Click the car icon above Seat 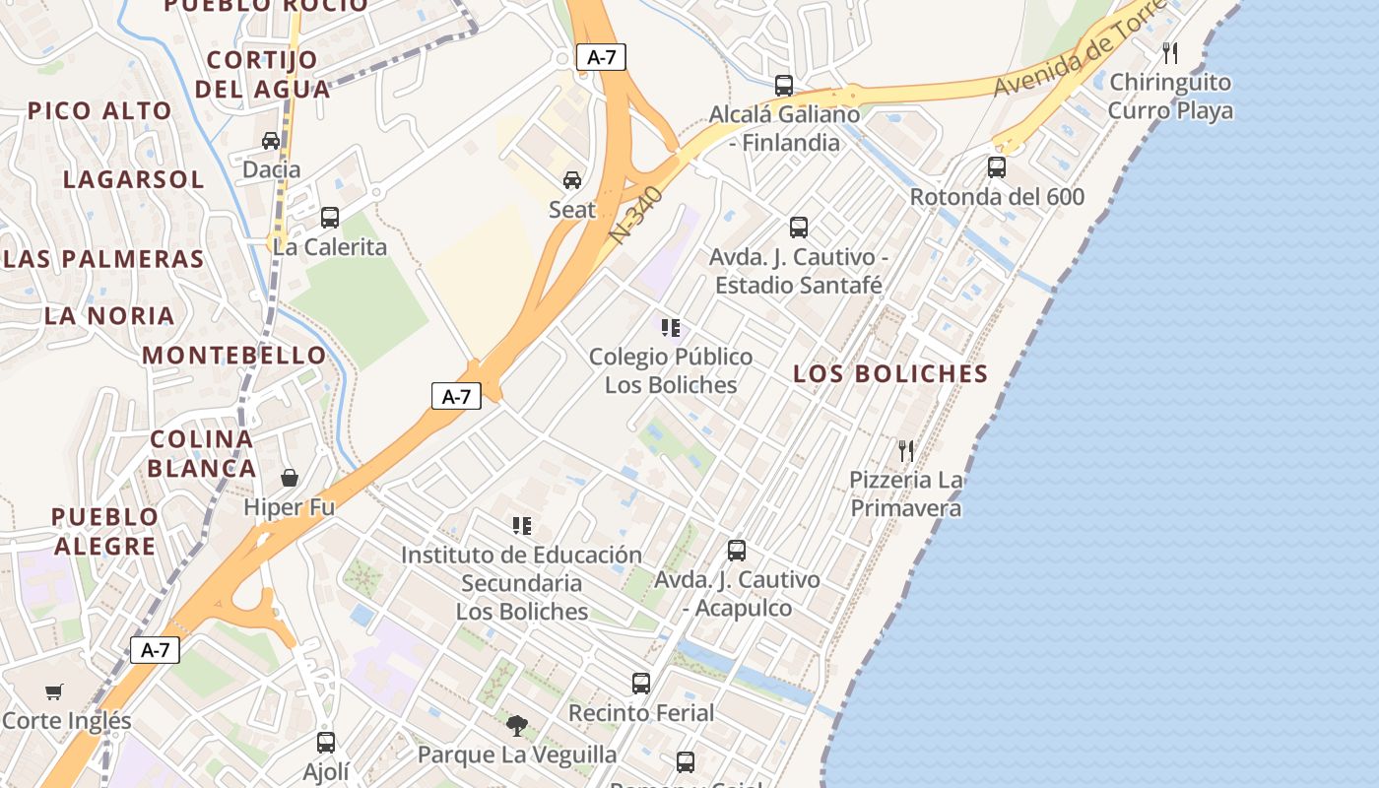(x=571, y=180)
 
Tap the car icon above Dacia (x=271, y=141)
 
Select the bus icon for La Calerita (x=329, y=218)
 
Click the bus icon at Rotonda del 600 (x=997, y=167)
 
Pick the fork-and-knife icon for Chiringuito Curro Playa (x=1170, y=52)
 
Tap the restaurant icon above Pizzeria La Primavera (x=906, y=451)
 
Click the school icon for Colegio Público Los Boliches (x=671, y=327)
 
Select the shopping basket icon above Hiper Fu (x=290, y=479)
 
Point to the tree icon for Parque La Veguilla (x=517, y=726)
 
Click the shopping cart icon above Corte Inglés (x=54, y=692)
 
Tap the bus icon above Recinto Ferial (x=641, y=683)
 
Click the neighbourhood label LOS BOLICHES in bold (x=890, y=374)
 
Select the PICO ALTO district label (x=99, y=111)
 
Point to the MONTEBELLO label (x=234, y=356)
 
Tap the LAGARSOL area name (x=134, y=180)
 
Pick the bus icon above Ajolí (x=326, y=743)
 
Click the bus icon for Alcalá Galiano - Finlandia (x=784, y=86)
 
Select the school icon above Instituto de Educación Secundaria (x=522, y=526)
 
